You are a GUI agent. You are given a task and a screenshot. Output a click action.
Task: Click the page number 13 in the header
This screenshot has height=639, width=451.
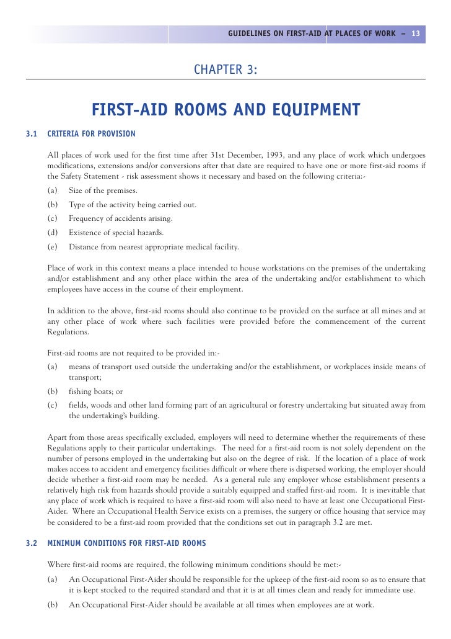(x=415, y=34)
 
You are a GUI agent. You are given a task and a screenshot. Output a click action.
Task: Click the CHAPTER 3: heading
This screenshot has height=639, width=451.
(x=225, y=69)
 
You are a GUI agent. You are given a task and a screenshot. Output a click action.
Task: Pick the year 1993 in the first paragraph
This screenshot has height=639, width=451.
(x=270, y=153)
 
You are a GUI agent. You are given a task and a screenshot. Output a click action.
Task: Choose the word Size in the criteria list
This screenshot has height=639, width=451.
(x=76, y=190)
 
